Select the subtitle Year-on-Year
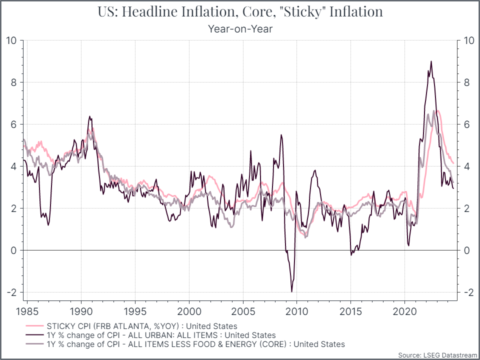[240, 29]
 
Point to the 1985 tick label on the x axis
[27, 311]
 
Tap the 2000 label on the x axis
[189, 311]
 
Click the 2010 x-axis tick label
[296, 311]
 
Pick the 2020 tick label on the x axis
[404, 311]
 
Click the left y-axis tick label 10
[12, 40]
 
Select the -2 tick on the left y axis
[12, 292]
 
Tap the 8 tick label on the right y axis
[466, 82]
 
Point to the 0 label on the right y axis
[466, 250]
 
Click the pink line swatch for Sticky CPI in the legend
[34, 326]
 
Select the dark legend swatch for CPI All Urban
[34, 335]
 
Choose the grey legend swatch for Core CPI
[34, 344]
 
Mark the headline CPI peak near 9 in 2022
[431, 61]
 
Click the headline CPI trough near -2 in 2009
[291, 291]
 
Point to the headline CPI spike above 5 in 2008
[281, 135]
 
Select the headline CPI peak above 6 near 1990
[89, 116]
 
